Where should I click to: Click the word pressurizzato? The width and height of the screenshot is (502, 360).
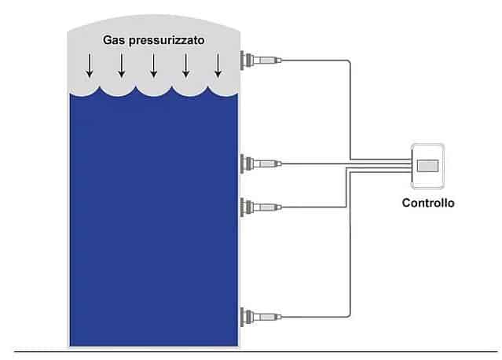click(x=167, y=41)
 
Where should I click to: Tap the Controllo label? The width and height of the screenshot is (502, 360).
click(x=428, y=203)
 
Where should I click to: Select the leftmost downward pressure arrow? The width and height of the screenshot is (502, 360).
click(x=90, y=65)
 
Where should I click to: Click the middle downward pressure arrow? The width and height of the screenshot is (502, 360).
click(x=154, y=65)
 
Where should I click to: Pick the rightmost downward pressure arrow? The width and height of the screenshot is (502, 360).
click(x=218, y=65)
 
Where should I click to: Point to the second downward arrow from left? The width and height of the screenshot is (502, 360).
click(x=121, y=65)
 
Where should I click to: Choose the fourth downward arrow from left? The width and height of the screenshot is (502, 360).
click(x=185, y=65)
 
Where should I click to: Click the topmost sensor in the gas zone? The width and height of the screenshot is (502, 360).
click(x=261, y=60)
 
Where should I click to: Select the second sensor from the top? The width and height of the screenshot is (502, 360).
click(x=261, y=163)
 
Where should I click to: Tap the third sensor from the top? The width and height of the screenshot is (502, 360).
click(x=261, y=207)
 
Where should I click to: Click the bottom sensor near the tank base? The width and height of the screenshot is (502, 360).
click(x=261, y=317)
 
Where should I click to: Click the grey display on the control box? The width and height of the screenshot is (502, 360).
click(x=427, y=166)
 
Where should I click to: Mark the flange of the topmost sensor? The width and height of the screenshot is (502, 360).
click(x=242, y=60)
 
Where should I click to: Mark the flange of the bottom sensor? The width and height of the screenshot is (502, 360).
click(x=242, y=317)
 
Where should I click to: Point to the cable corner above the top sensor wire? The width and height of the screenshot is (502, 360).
click(x=350, y=61)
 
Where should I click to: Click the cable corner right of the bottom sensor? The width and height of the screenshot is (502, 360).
click(x=350, y=317)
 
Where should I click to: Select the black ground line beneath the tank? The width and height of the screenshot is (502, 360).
click(x=256, y=351)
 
